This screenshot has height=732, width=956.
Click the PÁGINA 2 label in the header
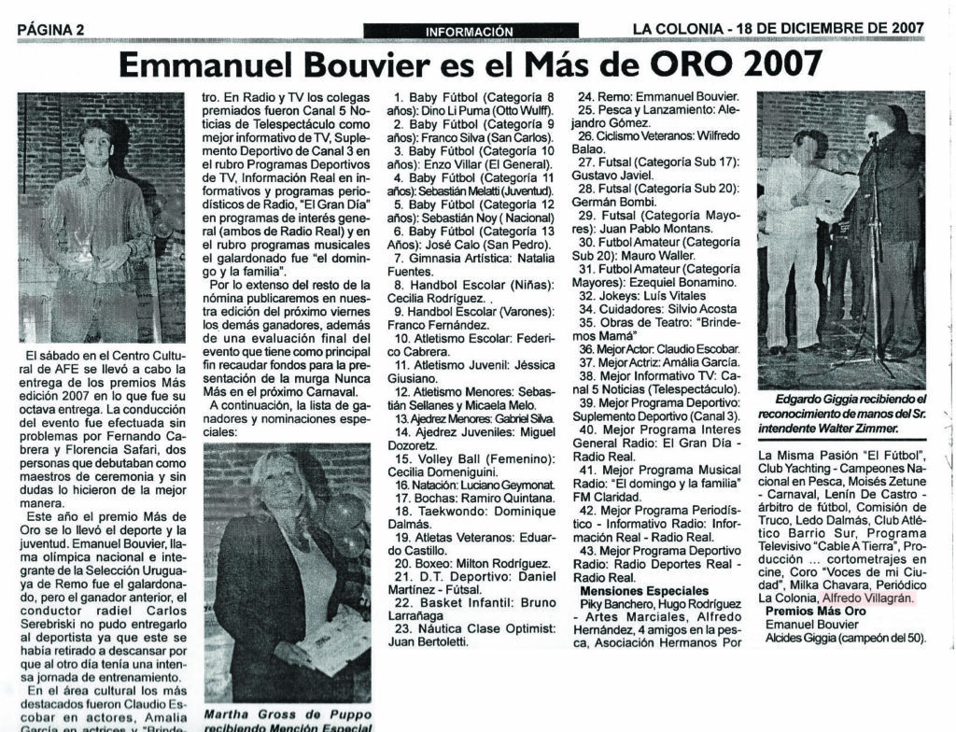[x=51, y=29]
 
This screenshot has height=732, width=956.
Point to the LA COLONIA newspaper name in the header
[x=678, y=28]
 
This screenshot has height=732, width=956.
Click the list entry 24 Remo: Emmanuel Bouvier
[x=659, y=95]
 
